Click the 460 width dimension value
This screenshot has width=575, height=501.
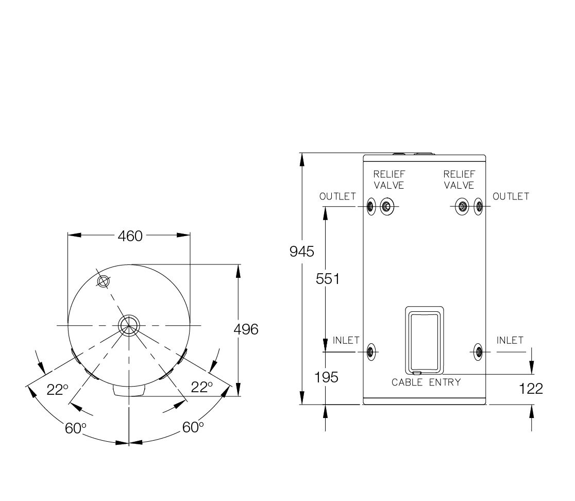[x=130, y=236]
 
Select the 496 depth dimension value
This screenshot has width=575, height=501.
[x=246, y=329]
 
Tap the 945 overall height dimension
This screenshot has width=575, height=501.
[x=302, y=252]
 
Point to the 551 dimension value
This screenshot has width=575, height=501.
[x=328, y=279]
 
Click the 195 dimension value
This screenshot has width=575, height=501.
[x=326, y=377]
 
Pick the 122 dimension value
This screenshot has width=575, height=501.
[x=531, y=389]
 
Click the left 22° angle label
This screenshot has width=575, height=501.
[x=58, y=390]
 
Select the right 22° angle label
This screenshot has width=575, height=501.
[x=201, y=387]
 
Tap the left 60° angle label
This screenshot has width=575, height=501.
[x=76, y=428]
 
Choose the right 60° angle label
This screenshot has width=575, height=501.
[x=193, y=427]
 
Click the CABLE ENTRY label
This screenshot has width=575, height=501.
[x=426, y=382]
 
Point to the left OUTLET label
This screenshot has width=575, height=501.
[x=338, y=196]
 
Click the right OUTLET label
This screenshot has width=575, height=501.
[x=511, y=196]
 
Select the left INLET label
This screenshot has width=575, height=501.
[x=346, y=340]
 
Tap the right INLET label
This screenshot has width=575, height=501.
[x=510, y=340]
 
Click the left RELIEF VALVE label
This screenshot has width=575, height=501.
[x=389, y=180]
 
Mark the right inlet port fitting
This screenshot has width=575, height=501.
[x=478, y=352]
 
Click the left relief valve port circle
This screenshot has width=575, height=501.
[x=386, y=207]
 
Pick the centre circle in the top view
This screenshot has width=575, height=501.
[x=129, y=325]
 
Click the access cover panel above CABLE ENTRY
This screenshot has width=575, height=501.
[x=424, y=340]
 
